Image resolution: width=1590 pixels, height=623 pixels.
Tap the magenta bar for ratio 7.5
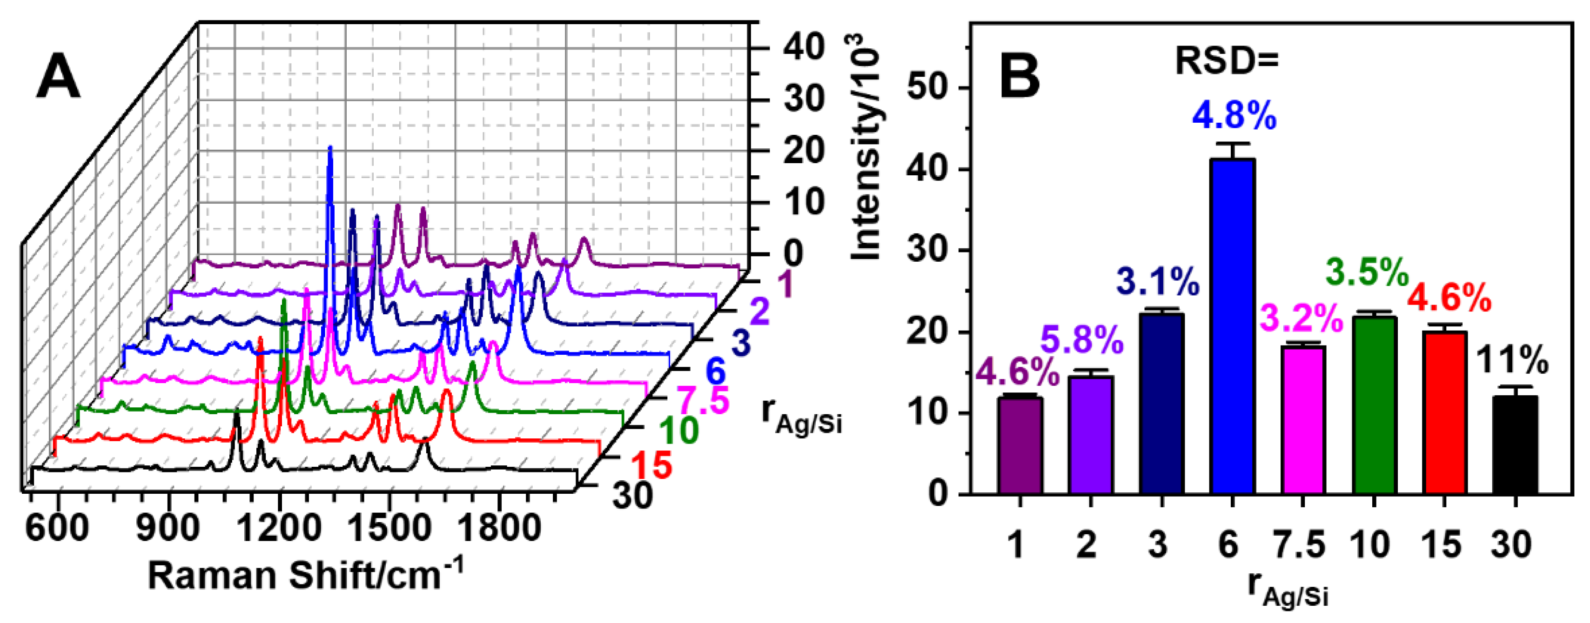[x=1303, y=419]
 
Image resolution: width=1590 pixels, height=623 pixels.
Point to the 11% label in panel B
[x=1512, y=359]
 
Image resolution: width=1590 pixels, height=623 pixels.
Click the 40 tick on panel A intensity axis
[x=804, y=47]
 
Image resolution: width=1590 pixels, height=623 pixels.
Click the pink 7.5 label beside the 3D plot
[x=704, y=400]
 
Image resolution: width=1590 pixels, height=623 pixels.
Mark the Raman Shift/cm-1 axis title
[x=306, y=576]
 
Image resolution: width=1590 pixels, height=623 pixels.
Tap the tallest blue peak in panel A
[x=329, y=151]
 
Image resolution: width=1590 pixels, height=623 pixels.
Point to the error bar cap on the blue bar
[x=1232, y=144]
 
